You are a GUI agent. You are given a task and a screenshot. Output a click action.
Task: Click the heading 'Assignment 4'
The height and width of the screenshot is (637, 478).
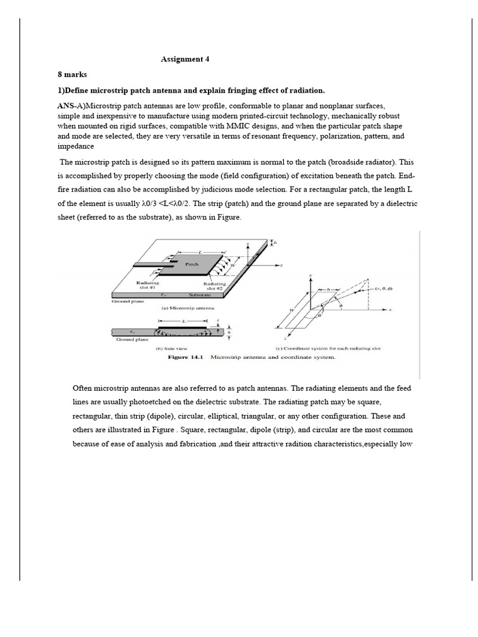(x=185, y=60)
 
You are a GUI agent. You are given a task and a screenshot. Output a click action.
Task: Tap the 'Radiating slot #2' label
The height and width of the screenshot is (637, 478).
(x=214, y=286)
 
